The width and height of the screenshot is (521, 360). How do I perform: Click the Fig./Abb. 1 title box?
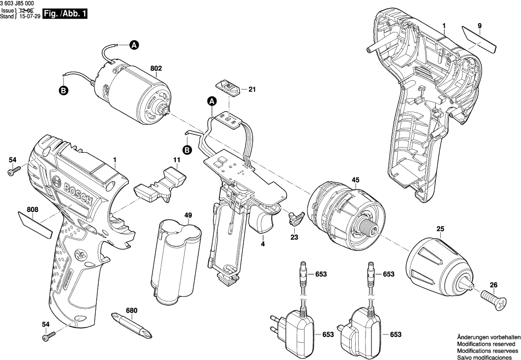coord(65,14)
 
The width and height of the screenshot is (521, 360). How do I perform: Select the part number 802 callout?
coord(156,69)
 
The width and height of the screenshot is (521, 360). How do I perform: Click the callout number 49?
coord(174,215)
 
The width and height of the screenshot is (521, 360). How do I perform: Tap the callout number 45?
coord(355,180)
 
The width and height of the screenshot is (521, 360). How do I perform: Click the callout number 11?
coord(176,160)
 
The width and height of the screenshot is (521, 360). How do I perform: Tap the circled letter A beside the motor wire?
coord(134,45)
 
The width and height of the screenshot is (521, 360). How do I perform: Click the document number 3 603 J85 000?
coord(21,4)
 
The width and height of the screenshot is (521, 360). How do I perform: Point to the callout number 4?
coord(263,244)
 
